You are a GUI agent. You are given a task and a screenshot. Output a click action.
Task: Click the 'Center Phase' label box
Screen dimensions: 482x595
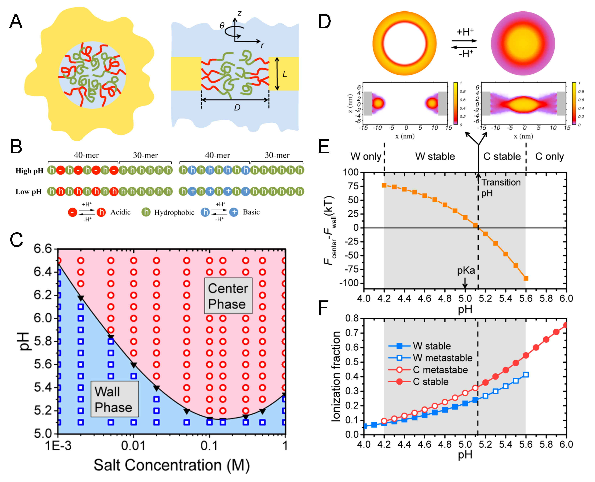tap(228, 296)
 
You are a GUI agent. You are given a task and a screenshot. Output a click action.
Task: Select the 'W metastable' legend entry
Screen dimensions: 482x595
tap(442, 358)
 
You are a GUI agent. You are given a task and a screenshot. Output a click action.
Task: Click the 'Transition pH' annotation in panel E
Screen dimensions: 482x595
tap(501, 187)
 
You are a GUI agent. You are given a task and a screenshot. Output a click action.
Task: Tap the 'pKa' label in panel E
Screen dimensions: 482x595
tap(466, 270)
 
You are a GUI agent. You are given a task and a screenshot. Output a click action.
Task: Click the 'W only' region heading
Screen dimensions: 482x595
tap(366, 157)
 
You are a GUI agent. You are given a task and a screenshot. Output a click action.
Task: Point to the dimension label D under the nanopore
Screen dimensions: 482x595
tap(237, 107)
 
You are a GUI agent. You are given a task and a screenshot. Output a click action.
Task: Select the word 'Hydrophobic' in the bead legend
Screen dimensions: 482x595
tap(174, 212)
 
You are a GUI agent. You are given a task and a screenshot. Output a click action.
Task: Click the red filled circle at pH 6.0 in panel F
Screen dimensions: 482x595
tap(566, 325)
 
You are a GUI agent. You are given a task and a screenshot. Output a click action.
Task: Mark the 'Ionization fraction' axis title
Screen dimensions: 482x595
tap(336, 377)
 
